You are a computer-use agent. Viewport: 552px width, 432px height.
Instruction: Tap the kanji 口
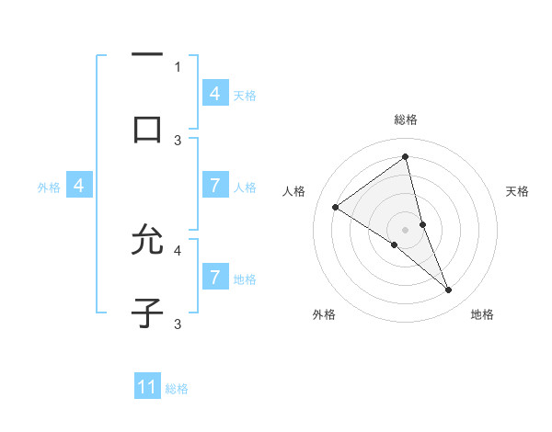point(147,129)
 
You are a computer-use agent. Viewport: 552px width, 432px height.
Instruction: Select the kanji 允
point(147,241)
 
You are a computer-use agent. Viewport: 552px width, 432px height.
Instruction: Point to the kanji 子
point(147,313)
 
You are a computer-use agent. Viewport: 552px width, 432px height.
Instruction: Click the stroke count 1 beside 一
point(178,66)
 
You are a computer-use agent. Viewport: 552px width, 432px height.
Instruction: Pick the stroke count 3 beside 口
point(178,141)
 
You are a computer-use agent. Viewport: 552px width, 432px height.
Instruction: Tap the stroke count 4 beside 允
point(178,249)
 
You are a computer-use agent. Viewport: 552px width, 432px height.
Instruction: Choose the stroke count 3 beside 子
point(178,324)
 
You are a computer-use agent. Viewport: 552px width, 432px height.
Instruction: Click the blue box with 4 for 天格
point(215,94)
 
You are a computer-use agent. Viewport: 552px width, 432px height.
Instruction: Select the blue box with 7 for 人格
point(215,186)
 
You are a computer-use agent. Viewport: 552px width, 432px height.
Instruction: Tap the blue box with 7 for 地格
point(215,277)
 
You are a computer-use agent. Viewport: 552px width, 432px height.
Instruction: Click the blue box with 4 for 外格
point(79,186)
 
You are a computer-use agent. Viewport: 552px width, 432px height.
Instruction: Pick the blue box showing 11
point(147,387)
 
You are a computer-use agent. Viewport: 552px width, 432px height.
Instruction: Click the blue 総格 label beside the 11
point(177,389)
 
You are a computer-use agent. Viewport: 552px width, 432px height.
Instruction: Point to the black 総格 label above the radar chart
point(406,119)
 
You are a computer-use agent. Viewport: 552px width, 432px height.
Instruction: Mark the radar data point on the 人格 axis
point(335,207)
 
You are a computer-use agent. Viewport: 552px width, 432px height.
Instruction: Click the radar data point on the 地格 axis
point(449,290)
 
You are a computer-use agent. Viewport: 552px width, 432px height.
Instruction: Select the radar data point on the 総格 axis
point(406,156)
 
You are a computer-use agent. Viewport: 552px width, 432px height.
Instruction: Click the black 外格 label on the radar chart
point(324,314)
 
